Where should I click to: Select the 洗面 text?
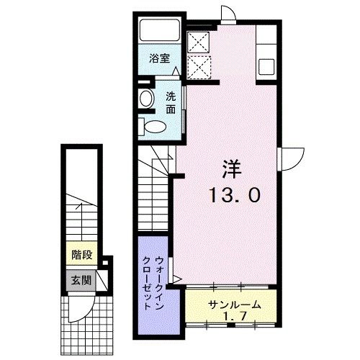coord(171,104)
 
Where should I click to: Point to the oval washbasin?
coord(146,99)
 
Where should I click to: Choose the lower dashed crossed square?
coord(197,67)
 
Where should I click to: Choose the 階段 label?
coord(81,254)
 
